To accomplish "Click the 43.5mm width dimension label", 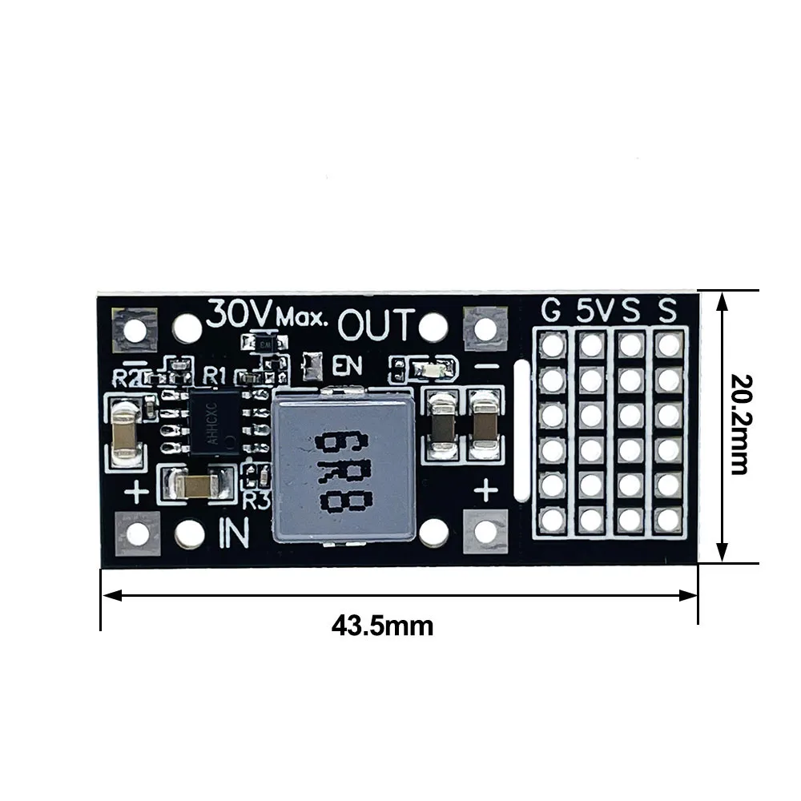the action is (x=382, y=624).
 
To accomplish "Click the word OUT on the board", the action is (x=376, y=326).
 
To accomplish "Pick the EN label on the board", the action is (x=347, y=366).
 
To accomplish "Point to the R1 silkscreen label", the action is (x=215, y=374).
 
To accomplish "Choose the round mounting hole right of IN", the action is (x=434, y=530).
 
